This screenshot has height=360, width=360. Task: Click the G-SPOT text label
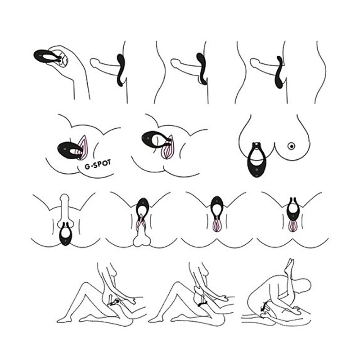pos(98,164)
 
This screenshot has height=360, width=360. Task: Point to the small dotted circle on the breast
pos(291,145)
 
